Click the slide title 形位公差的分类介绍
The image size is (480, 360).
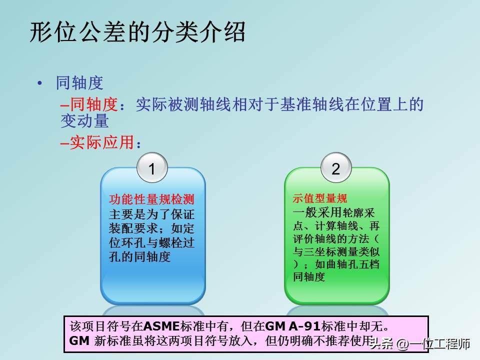pos(137,33)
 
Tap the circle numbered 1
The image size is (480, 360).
pos(152,169)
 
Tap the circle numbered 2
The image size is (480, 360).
pos(335,168)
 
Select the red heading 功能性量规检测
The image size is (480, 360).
pos(151,199)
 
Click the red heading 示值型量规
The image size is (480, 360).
pos(319,198)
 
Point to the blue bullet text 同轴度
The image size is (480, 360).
pos(80,83)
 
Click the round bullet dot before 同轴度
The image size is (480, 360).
pos(40,83)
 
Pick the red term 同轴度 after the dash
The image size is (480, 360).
pos(93,104)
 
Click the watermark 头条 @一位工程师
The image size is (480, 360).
pos(423,344)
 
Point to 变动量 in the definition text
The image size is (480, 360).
pos(84,121)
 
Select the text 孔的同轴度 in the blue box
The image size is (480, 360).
pos(140,257)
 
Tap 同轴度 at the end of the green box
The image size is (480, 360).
pos(309,276)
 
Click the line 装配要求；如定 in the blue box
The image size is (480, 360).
pos(151,228)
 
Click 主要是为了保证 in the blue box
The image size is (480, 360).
pos(151,214)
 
